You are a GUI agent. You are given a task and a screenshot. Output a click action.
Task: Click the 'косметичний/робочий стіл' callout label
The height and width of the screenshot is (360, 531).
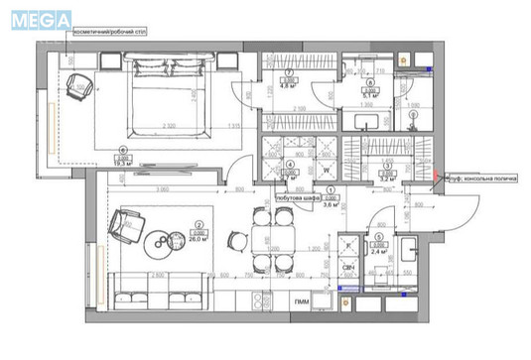click(109, 30)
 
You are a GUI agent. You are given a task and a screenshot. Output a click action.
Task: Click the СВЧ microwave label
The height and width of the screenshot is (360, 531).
click(349, 269)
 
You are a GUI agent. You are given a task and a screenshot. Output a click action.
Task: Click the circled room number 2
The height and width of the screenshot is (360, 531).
click(199, 225)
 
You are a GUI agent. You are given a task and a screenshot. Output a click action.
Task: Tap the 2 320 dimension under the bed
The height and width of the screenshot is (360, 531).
click(170, 126)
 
